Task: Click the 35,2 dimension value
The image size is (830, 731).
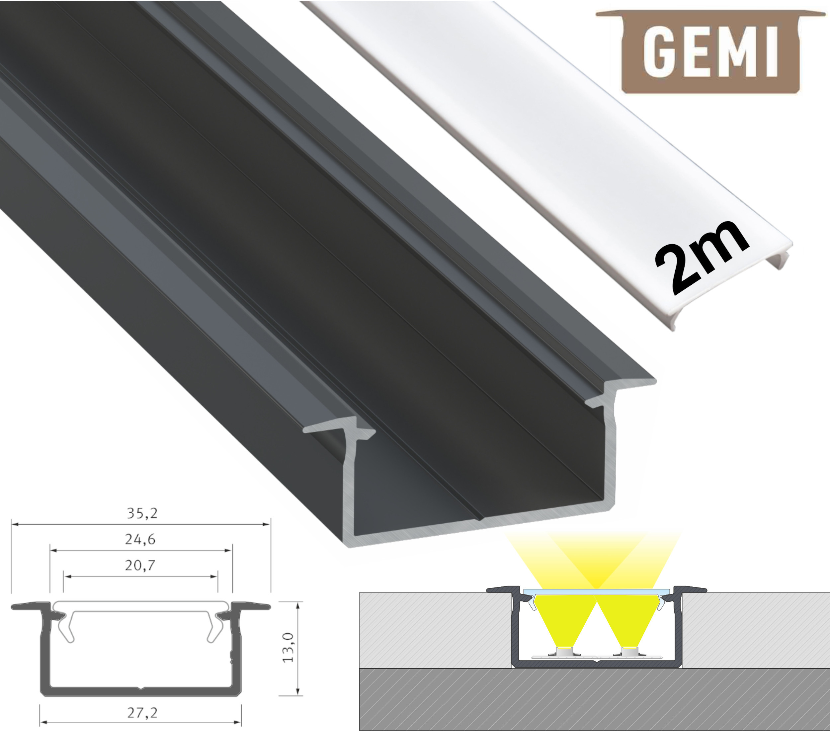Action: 142,513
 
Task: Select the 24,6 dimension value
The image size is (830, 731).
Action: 140,539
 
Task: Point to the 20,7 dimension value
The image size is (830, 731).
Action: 140,565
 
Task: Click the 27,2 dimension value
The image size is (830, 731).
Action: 142,712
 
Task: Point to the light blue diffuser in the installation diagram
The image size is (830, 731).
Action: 597,591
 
